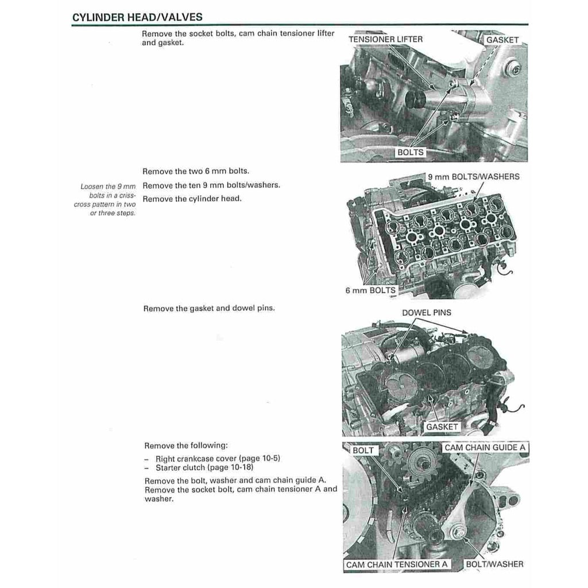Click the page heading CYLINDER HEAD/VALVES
[x=137, y=17]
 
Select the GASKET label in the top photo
[x=502, y=40]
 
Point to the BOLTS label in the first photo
[x=411, y=152]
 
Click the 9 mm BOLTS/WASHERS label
[x=473, y=176]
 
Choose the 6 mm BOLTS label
[x=370, y=291]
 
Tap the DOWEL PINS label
[x=426, y=312]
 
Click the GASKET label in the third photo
[x=442, y=427]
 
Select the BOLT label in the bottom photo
[x=362, y=450]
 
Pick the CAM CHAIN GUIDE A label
[x=485, y=447]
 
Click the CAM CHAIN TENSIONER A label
[x=397, y=564]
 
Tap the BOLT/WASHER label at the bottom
[x=494, y=564]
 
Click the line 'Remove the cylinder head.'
[x=192, y=199]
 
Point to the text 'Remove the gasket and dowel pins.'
[x=209, y=308]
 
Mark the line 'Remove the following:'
[x=185, y=445]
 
